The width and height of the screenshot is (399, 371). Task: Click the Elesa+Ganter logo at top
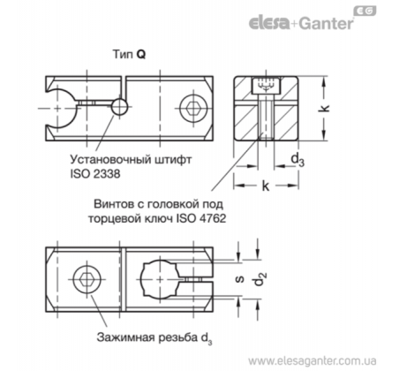click(301, 23)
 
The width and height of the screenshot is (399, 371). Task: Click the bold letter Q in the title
click(141, 55)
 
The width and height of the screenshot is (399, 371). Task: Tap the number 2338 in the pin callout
click(107, 174)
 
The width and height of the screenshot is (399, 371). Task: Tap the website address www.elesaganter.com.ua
click(312, 361)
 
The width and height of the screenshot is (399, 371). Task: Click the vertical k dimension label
click(324, 109)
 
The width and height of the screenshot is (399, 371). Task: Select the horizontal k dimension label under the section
click(265, 185)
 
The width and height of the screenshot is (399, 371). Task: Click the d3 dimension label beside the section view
click(297, 160)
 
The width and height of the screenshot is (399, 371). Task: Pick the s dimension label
click(240, 279)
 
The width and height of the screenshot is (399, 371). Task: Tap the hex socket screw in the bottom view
click(87, 279)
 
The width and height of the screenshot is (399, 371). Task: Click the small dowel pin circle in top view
click(120, 106)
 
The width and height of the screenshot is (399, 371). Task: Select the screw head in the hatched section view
click(267, 86)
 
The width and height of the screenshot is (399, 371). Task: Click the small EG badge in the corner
click(365, 11)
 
